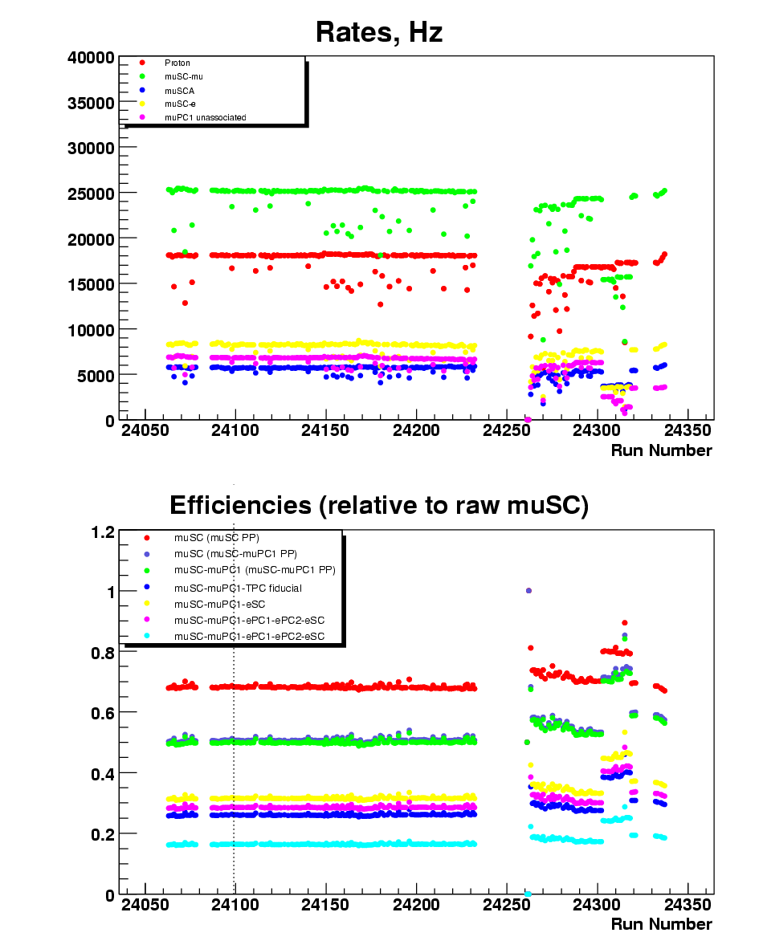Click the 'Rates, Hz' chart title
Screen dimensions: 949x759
click(x=379, y=32)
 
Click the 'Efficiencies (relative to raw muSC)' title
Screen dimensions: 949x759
click(x=379, y=505)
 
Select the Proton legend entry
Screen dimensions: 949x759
click(x=178, y=63)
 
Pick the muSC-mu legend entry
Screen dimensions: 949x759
click(x=178, y=76)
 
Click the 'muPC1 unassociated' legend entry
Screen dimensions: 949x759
click(x=205, y=117)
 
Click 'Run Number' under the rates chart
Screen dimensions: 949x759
click(x=661, y=450)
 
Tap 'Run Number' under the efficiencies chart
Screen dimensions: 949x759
click(x=661, y=924)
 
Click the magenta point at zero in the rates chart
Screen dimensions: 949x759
click(x=528, y=419)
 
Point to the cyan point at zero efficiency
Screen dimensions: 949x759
click(x=528, y=894)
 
